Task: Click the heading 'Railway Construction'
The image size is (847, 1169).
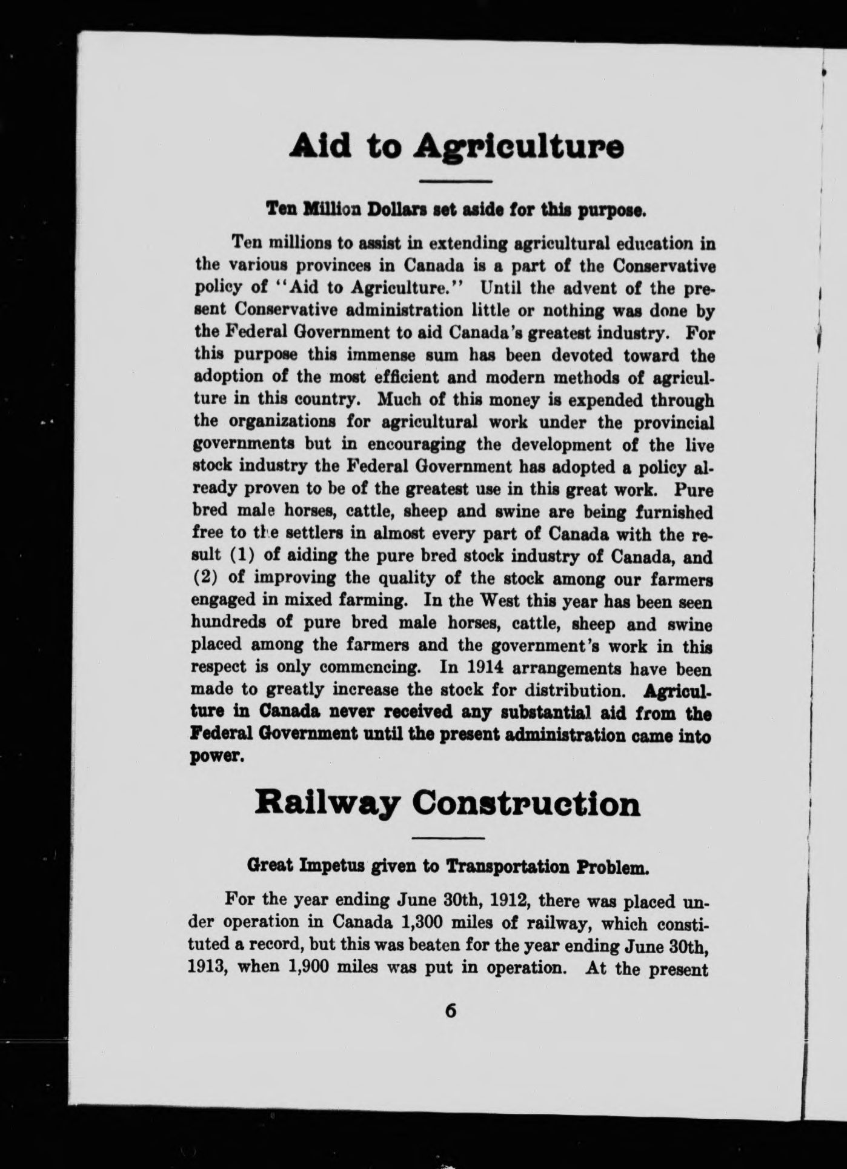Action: pyautogui.click(x=447, y=804)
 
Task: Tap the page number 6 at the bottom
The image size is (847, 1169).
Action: pyautogui.click(x=450, y=1011)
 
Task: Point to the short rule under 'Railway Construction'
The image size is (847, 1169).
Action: pyautogui.click(x=448, y=838)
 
